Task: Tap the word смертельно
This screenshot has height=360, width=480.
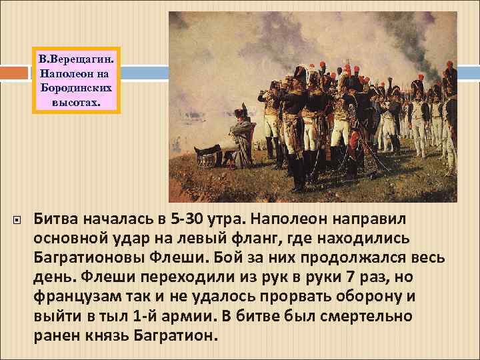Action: pyautogui.click(x=375, y=317)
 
